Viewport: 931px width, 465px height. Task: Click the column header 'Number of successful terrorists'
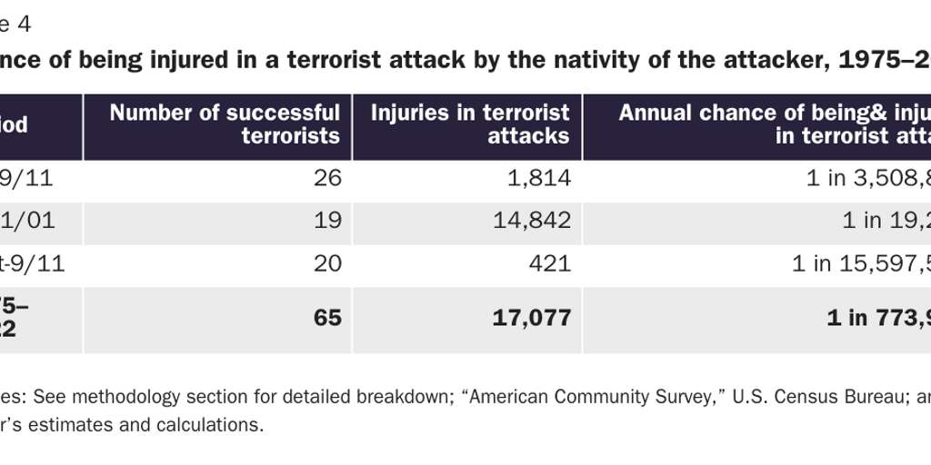coord(225,124)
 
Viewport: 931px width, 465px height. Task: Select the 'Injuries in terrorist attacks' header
coord(470,124)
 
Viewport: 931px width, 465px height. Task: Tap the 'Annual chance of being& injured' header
coord(774,124)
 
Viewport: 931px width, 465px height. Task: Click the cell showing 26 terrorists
coord(327,178)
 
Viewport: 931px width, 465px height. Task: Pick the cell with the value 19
coord(327,220)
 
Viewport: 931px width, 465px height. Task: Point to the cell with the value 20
coord(327,263)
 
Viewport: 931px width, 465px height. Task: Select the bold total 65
coord(327,318)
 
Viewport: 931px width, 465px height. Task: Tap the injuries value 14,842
coord(532,220)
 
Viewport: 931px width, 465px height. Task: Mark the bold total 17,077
coord(532,318)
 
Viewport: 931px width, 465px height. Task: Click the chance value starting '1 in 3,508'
coord(867,178)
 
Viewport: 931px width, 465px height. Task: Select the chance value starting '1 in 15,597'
coord(860,263)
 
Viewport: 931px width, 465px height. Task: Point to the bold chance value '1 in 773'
coord(877,318)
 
